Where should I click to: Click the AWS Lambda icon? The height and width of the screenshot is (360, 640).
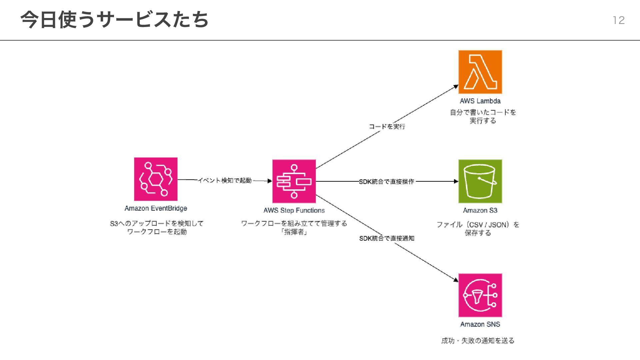[480, 72]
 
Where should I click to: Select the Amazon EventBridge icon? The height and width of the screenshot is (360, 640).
[156, 179]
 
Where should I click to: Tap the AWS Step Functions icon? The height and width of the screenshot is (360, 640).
[294, 181]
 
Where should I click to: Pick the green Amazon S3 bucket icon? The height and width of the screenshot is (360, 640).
[480, 181]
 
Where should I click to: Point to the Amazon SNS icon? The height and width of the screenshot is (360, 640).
[480, 295]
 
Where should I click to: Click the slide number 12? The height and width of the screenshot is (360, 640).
[619, 20]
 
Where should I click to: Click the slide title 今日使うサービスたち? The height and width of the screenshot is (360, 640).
[114, 20]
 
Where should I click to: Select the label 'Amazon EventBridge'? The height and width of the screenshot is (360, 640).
[156, 208]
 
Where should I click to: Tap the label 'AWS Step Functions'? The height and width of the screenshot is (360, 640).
[294, 210]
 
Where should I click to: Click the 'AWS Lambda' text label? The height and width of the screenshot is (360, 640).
[480, 101]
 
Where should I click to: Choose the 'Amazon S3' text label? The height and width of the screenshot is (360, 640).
[480, 210]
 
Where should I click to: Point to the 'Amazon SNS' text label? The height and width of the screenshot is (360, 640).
[480, 324]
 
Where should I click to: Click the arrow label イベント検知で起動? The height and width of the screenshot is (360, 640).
[225, 180]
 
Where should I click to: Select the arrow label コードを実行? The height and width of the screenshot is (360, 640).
[387, 127]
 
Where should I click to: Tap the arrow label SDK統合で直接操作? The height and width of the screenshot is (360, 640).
[387, 182]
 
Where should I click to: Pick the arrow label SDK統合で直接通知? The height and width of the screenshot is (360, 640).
[387, 238]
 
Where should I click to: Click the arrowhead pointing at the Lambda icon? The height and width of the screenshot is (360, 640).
[456, 87]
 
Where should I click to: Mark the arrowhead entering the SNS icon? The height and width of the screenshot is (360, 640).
[456, 280]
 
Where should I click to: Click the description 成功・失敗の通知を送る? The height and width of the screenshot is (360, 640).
[478, 341]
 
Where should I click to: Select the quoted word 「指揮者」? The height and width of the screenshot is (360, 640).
[294, 232]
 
